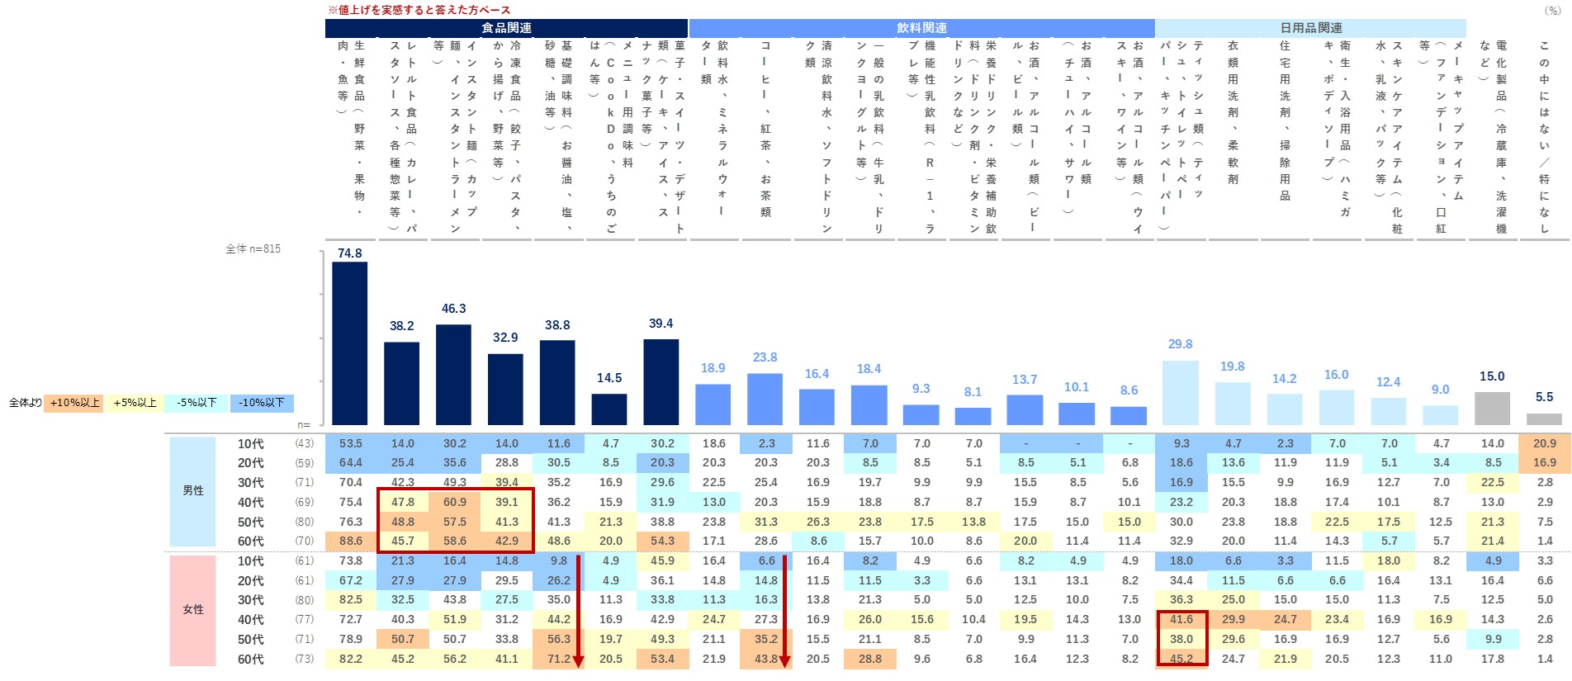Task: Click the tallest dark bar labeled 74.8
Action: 349,343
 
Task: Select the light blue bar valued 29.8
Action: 1180,392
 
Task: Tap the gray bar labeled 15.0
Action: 1492,408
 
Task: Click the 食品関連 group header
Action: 506,28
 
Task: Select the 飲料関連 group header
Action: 921,28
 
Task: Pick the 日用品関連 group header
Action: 1310,28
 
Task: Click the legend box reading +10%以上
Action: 74,403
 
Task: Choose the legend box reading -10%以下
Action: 262,403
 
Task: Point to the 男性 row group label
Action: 193,490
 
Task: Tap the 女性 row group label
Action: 193,609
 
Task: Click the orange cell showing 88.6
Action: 350,541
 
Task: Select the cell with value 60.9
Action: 454,502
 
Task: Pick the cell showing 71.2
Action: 558,659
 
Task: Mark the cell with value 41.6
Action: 1181,619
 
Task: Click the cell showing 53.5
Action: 350,443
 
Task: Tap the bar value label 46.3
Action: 453,309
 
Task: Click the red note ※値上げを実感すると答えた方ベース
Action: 419,10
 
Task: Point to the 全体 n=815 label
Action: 253,248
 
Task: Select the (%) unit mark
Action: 1552,11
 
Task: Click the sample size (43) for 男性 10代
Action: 305,443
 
